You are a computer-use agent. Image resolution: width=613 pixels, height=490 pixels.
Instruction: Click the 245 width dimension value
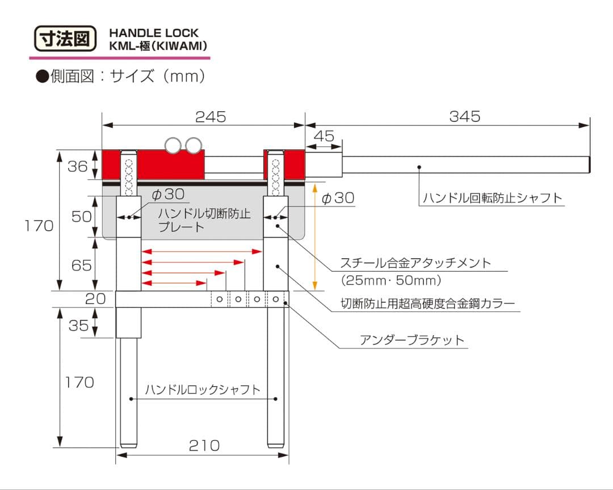coord(210,117)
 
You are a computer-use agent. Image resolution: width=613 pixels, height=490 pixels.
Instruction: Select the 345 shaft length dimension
coord(464,116)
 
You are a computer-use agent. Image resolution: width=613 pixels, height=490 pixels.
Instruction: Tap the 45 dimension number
coord(324,137)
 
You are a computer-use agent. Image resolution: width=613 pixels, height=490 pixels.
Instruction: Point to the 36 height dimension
coord(78,166)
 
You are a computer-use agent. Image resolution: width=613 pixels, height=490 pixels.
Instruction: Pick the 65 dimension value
coord(81,265)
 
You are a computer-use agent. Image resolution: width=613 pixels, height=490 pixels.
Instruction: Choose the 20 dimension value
coord(95,299)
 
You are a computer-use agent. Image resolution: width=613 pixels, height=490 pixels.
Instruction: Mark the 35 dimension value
coord(78,325)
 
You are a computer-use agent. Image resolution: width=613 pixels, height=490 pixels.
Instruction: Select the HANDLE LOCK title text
coord(154,33)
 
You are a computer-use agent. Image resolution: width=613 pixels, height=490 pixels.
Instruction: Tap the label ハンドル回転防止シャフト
coord(492,198)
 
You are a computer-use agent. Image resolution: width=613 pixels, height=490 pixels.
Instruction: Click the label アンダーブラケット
coord(412,340)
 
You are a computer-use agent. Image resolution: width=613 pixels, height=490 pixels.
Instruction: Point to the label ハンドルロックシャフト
coord(203,390)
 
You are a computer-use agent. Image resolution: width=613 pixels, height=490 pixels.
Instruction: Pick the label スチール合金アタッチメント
coord(415,263)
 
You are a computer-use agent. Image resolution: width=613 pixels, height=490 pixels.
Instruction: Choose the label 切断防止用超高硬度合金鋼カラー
coord(428,303)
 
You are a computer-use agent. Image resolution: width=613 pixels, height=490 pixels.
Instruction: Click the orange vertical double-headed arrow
coord(315,235)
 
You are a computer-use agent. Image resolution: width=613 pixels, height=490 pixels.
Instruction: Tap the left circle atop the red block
coord(172,145)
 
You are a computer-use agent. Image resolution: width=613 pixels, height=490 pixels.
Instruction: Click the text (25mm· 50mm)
coord(391,280)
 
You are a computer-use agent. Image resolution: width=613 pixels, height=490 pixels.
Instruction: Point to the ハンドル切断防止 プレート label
coord(204,220)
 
